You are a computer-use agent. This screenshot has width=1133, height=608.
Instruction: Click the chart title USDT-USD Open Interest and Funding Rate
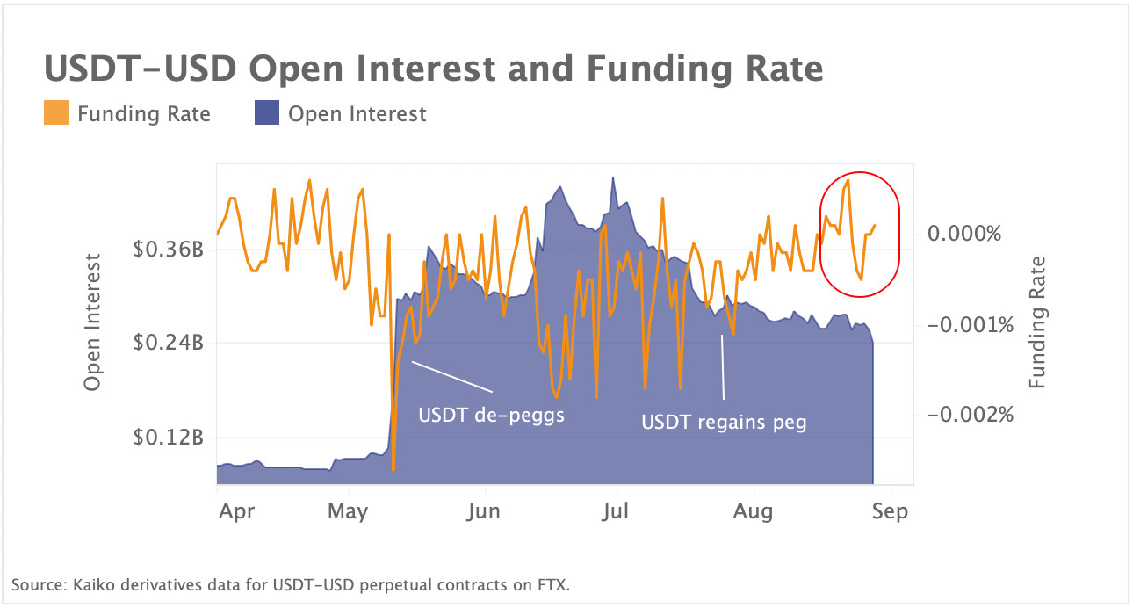coord(433,68)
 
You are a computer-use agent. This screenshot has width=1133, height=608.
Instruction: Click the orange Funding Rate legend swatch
coord(55,113)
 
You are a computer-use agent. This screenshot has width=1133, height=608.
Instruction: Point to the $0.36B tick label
coord(169,249)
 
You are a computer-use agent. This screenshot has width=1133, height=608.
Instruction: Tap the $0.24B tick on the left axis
coord(169,343)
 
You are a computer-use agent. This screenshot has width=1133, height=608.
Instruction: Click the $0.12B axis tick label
coord(169,437)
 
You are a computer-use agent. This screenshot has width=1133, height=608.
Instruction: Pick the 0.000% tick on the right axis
coord(963,234)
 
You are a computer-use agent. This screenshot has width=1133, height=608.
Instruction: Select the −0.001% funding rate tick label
coord(963,325)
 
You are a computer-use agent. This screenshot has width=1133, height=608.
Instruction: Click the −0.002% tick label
coord(963,413)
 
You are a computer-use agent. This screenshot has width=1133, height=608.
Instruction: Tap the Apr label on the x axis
coord(236,510)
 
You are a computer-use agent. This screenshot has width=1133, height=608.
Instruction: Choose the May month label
coord(347,510)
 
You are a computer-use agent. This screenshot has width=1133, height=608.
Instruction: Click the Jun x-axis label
coord(483,510)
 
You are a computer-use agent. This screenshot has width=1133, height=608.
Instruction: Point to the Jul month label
coord(616,510)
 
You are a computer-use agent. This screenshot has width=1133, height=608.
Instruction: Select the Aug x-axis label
coord(753,510)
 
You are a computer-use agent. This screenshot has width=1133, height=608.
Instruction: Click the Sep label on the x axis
coord(890,510)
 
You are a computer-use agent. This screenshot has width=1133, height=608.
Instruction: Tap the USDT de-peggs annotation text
coord(491,415)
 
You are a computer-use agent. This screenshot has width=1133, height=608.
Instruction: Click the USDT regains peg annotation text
coord(724,422)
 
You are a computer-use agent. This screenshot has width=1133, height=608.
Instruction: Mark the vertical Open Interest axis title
coord(92,322)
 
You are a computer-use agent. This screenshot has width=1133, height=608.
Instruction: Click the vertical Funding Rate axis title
coord(1037,322)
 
